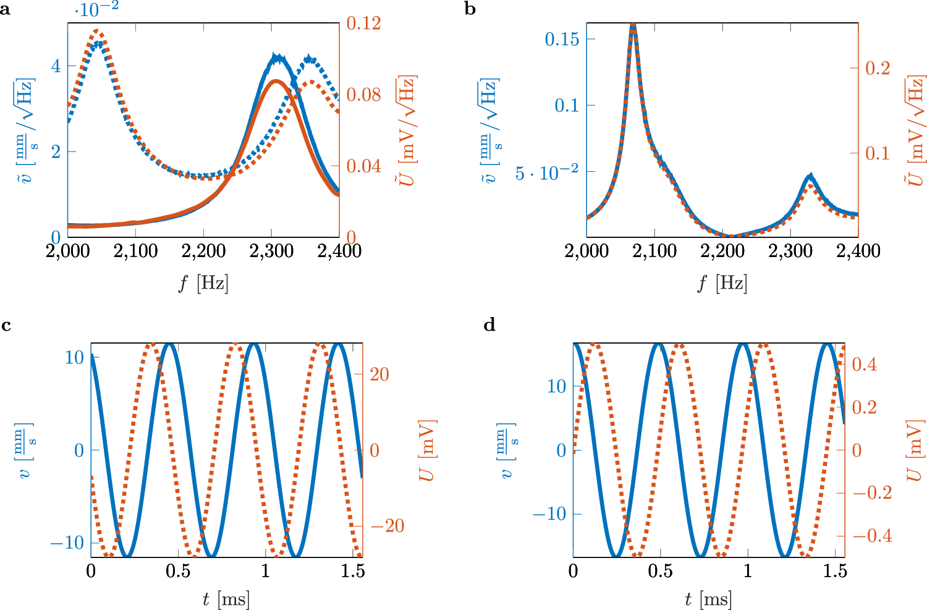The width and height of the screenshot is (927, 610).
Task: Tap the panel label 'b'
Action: (470, 10)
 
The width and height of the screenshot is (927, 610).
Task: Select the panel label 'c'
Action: (6, 325)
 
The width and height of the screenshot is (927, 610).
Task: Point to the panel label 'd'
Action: (489, 325)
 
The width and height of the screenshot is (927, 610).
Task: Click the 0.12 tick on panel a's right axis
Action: (363, 23)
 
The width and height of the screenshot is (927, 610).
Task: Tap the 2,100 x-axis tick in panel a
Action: (136, 251)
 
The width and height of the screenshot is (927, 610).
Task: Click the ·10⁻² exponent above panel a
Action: (96, 9)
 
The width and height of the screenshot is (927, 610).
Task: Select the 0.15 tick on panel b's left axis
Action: (562, 39)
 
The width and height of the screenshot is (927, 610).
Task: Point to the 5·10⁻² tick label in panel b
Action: (547, 172)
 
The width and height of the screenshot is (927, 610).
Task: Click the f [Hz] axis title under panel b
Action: (722, 284)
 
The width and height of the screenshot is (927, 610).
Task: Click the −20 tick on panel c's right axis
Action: (387, 526)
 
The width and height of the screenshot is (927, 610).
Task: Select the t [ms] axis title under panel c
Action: (226, 599)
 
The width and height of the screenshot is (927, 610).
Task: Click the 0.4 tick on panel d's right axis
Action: (864, 364)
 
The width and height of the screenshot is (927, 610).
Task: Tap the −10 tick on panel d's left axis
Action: (549, 514)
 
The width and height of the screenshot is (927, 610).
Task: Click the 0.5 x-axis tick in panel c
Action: (178, 571)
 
